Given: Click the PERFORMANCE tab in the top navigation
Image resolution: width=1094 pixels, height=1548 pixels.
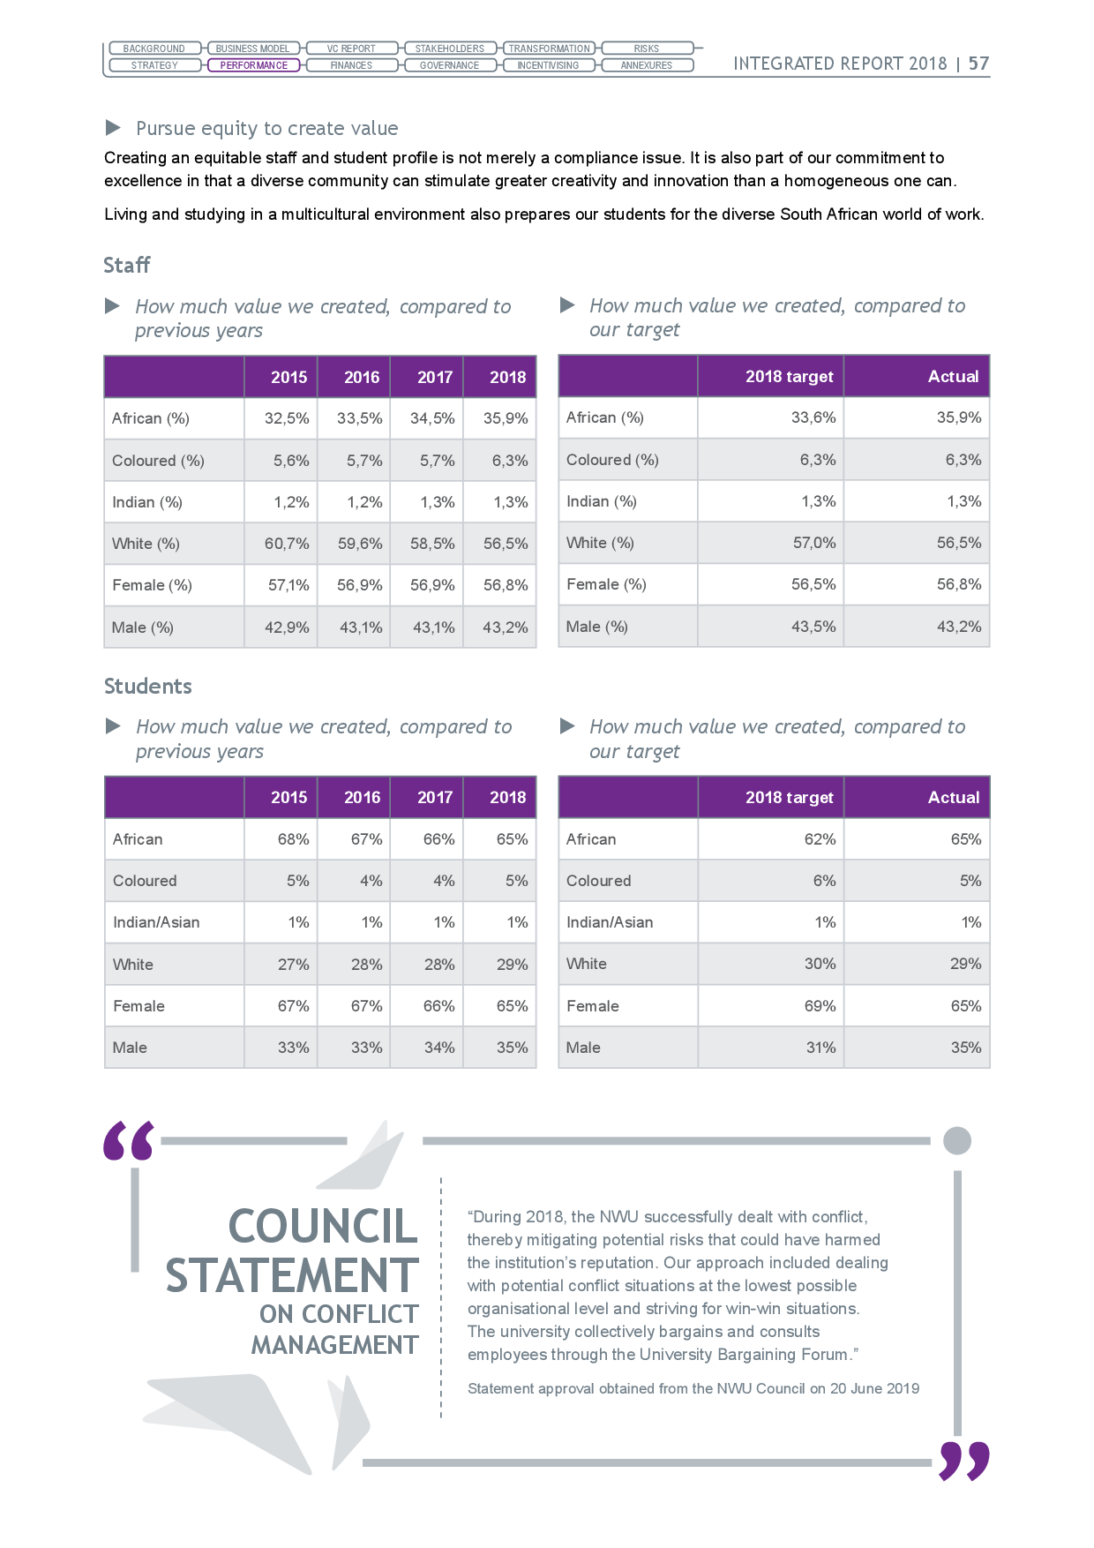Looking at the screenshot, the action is (x=254, y=65).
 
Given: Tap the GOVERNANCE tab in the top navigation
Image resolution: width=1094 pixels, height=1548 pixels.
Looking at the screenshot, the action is (x=449, y=65).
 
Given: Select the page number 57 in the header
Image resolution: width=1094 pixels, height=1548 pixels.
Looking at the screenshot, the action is (x=978, y=64).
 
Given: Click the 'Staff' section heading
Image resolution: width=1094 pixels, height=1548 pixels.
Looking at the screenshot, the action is (x=127, y=265).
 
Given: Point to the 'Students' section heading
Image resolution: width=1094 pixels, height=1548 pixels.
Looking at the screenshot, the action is (x=148, y=686).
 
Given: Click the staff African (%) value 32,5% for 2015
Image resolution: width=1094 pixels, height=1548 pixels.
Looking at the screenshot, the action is (x=287, y=418).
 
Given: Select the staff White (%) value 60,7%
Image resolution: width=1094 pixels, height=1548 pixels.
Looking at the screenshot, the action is (x=287, y=544).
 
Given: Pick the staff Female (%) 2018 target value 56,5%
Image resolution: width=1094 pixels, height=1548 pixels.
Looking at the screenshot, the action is (x=813, y=584).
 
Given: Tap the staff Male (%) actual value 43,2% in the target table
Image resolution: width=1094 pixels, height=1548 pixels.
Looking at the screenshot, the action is (x=959, y=627).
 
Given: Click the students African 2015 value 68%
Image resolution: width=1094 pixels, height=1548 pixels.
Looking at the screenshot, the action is (x=294, y=839).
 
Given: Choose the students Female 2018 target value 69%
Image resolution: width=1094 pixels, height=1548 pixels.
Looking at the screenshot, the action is (x=820, y=1006).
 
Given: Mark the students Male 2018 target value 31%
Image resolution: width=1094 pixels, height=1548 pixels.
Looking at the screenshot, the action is (x=820, y=1048).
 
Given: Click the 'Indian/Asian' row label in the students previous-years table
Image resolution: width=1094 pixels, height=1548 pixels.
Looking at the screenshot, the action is (x=156, y=922).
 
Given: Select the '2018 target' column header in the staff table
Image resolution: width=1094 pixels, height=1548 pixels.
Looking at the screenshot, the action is (x=790, y=377).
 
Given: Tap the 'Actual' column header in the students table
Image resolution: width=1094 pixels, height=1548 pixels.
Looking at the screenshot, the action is (x=954, y=798).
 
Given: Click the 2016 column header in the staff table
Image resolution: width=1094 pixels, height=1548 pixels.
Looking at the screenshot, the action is (x=362, y=378).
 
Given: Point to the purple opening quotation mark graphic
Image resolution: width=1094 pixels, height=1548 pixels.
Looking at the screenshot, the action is (x=129, y=1140).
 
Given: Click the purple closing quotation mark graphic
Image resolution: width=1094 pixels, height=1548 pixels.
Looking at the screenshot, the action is (x=964, y=1462).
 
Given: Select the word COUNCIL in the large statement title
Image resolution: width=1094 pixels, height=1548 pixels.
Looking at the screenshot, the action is (x=323, y=1227).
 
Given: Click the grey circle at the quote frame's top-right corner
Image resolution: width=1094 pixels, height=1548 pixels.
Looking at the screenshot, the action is (x=957, y=1140).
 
